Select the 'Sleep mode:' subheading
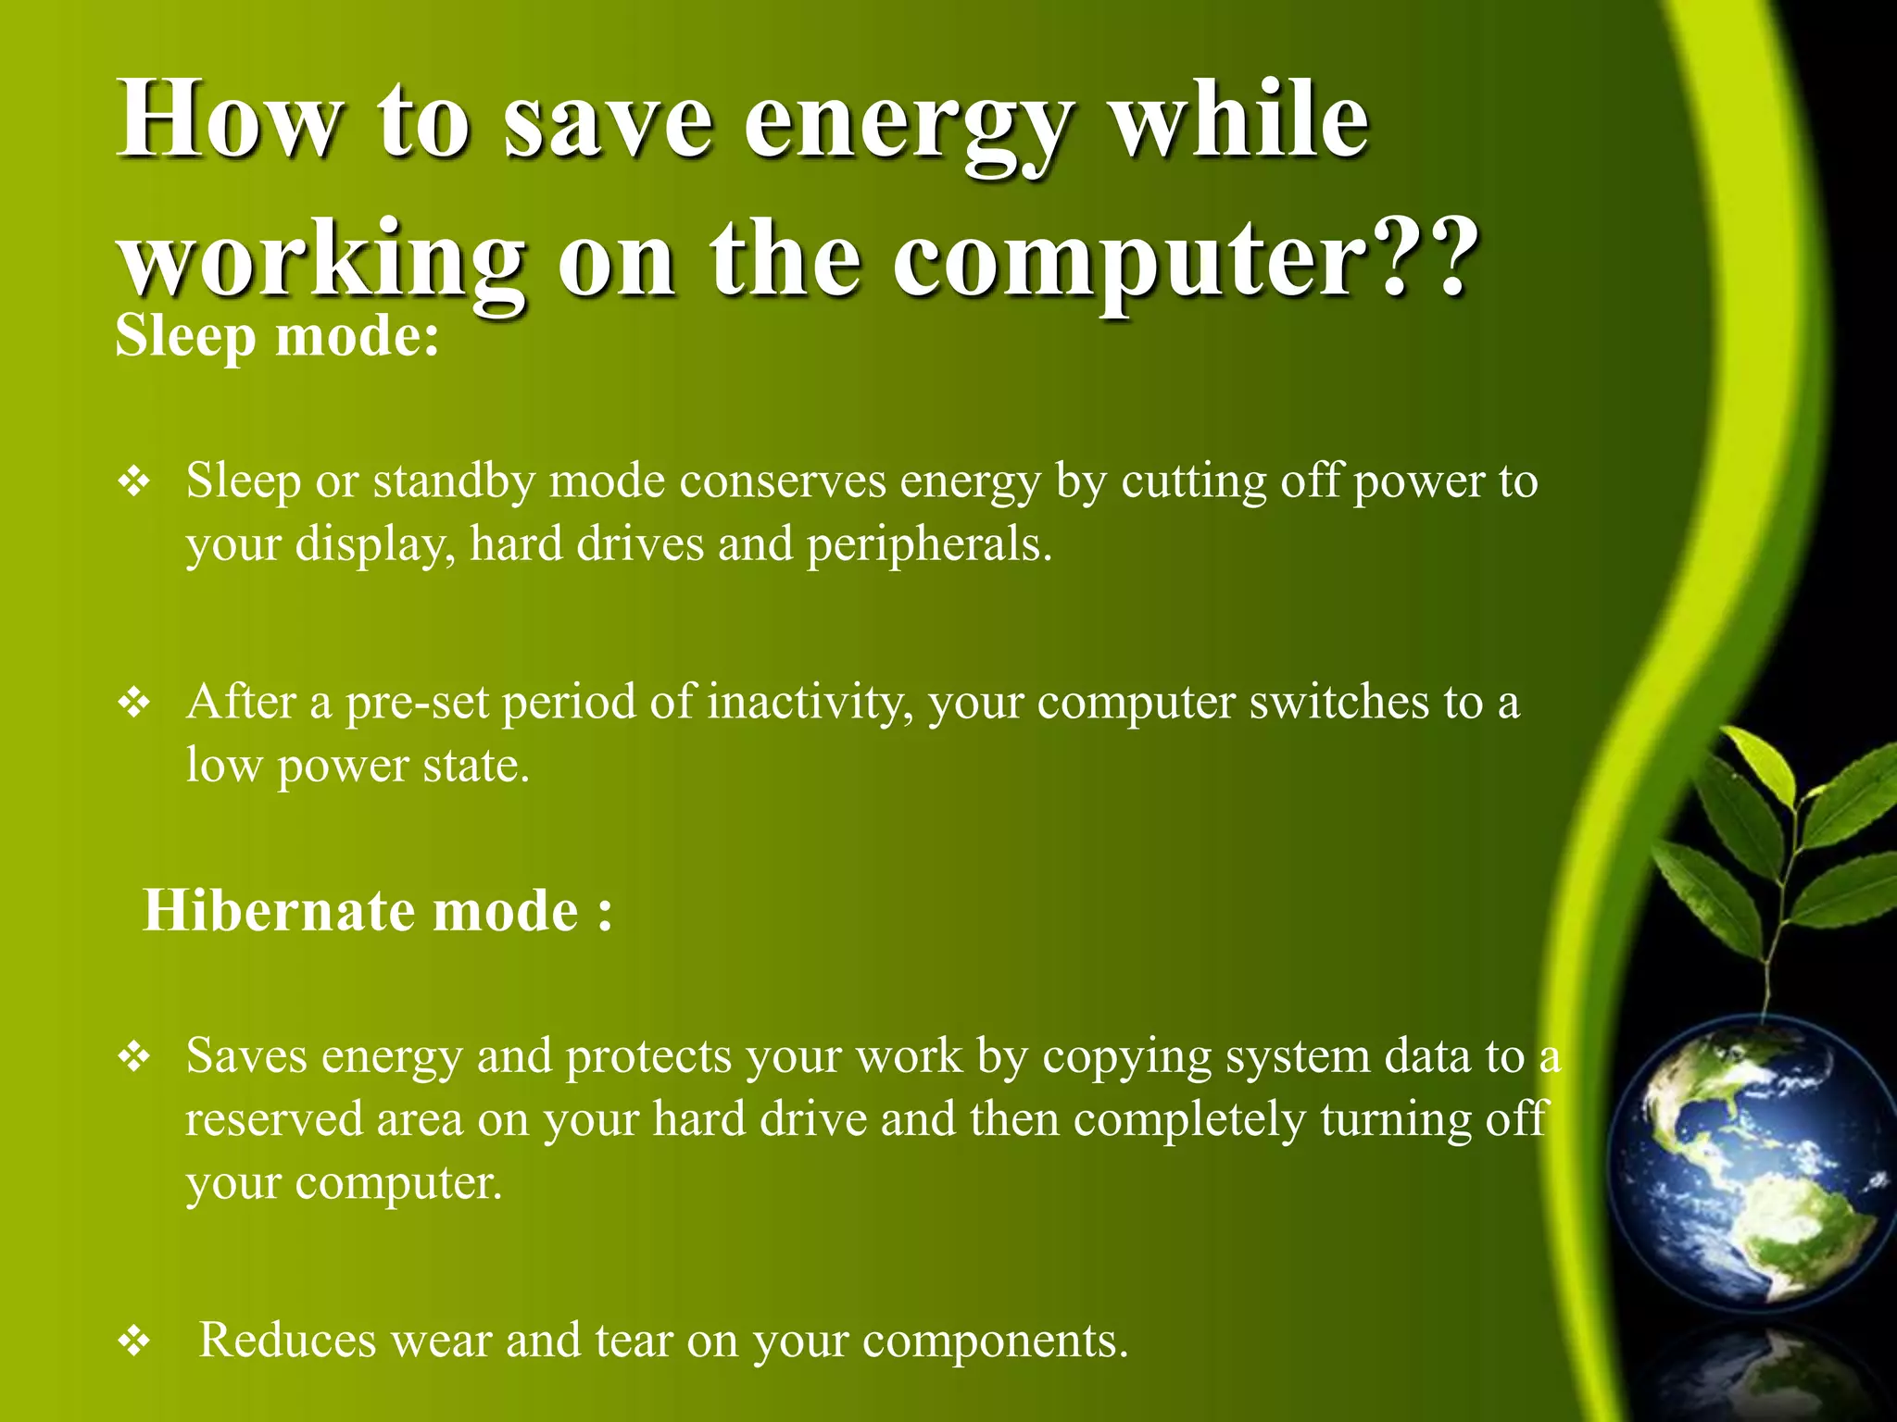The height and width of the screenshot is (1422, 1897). [277, 335]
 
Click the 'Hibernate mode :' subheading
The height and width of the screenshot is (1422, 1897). [377, 910]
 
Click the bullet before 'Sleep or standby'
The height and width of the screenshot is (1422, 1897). [135, 481]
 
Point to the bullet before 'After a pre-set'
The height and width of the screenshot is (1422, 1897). [135, 703]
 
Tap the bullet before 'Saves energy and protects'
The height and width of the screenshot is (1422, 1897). [135, 1056]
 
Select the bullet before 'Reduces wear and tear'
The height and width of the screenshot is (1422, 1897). [135, 1341]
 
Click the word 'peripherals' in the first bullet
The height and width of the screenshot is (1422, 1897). [928, 544]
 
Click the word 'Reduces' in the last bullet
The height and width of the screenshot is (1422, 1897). [288, 1340]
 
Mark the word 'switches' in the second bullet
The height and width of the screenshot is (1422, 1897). [1338, 702]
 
